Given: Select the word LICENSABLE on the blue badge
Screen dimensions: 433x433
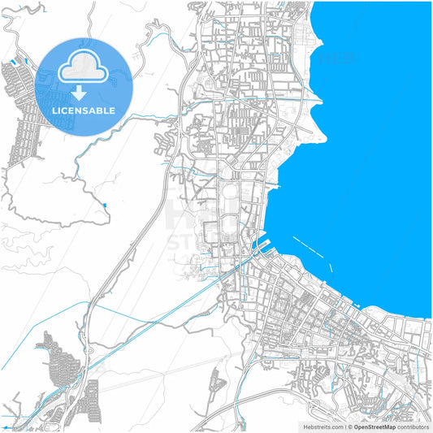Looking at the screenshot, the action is [84, 110].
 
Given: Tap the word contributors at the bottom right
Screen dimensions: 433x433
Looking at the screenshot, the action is [412, 427].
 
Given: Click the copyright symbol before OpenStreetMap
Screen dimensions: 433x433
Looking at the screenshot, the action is [350, 427].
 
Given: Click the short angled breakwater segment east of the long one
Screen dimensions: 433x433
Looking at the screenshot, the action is [331, 268].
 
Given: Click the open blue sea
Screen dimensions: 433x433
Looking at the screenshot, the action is [374, 162].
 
